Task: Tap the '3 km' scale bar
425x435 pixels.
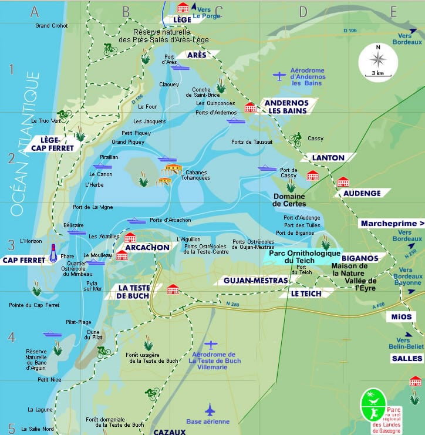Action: click(x=378, y=73)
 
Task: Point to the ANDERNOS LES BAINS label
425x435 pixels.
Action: click(x=282, y=106)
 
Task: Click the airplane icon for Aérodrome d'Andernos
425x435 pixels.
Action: click(x=280, y=75)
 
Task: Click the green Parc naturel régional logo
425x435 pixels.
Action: click(x=373, y=405)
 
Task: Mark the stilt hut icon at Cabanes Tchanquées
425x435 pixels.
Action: click(x=171, y=170)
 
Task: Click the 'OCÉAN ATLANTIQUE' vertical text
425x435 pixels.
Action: click(x=24, y=144)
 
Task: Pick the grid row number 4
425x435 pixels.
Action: click(x=11, y=337)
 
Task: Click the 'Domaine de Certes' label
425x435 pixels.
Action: click(x=289, y=200)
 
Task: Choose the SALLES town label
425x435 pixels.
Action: click(x=407, y=358)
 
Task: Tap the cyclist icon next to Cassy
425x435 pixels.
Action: click(x=295, y=139)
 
